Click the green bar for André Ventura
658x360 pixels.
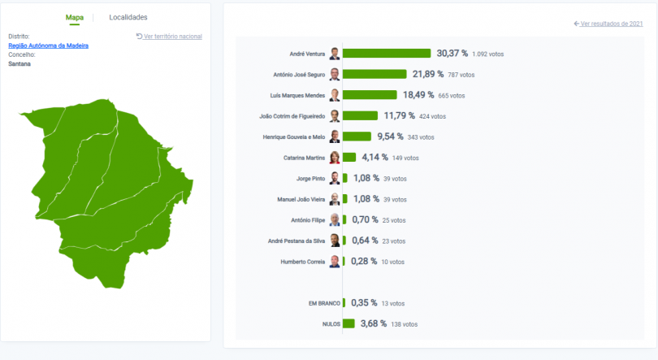387,54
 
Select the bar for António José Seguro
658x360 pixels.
374,74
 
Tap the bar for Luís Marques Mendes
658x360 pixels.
370,95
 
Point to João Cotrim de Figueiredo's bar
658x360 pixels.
360,115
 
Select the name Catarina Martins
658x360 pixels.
304,158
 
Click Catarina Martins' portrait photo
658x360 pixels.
335,158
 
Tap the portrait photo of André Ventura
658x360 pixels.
335,54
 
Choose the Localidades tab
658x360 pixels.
128,17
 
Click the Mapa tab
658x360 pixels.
75,17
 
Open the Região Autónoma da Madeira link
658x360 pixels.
48,46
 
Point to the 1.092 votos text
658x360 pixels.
487,54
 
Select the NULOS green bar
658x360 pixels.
348,323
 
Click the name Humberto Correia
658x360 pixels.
303,262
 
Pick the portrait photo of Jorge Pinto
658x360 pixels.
335,178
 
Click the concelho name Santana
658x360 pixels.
19,63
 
